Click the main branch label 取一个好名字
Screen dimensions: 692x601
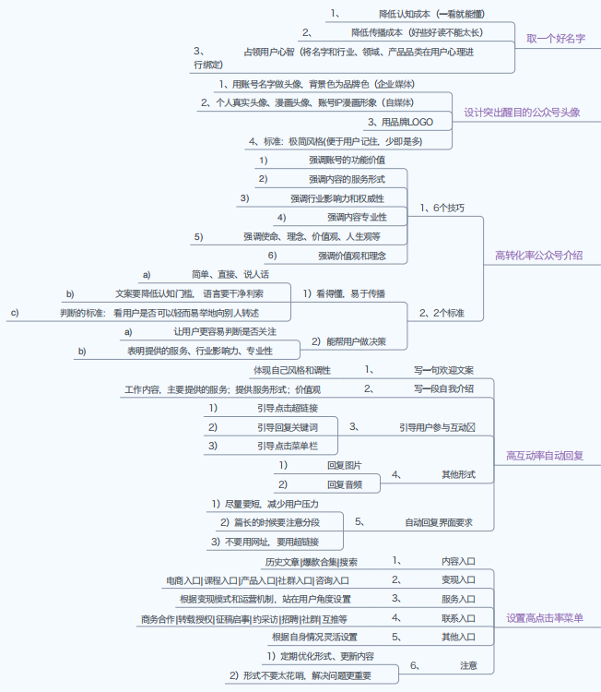click(x=556, y=39)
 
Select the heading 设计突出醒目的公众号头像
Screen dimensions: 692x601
click(x=522, y=112)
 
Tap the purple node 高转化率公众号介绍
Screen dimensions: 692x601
click(x=538, y=256)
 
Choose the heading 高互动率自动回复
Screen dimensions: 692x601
click(x=544, y=455)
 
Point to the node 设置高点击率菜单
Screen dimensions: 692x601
click(x=544, y=617)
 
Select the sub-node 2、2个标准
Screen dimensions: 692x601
click(x=442, y=313)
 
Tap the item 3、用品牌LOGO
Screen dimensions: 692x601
click(x=400, y=121)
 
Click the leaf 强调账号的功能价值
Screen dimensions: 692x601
click(x=347, y=160)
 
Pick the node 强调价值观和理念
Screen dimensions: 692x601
click(x=351, y=256)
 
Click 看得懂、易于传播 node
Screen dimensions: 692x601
click(x=344, y=293)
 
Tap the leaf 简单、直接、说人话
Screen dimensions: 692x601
click(x=230, y=274)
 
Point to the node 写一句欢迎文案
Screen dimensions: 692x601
click(x=442, y=370)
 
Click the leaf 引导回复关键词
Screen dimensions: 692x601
click(x=287, y=427)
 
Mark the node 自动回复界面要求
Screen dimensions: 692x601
click(x=439, y=522)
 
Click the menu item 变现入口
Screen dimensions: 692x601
click(x=457, y=580)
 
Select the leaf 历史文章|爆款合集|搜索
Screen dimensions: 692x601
click(x=311, y=561)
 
